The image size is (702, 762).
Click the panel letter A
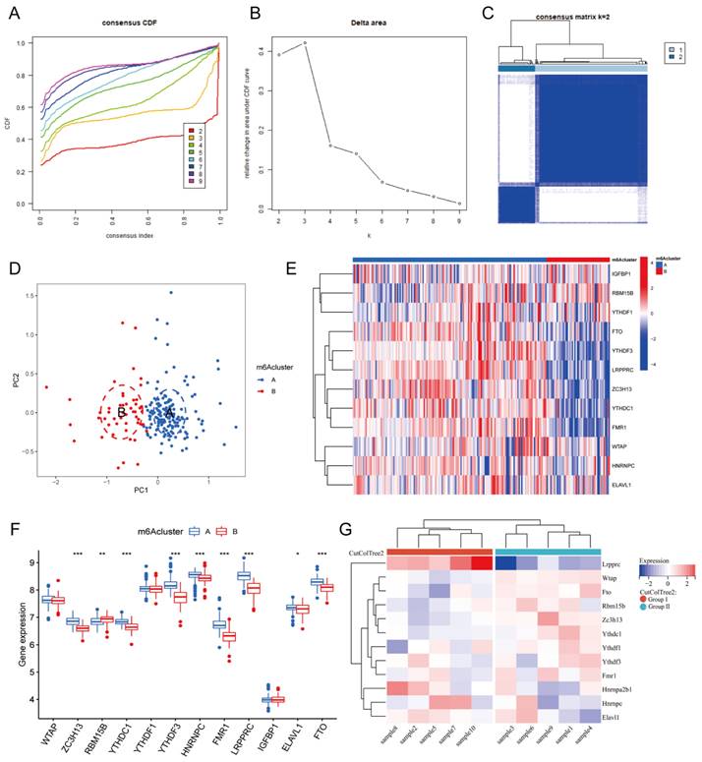tap(14, 11)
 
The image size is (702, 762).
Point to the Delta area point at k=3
tap(306, 43)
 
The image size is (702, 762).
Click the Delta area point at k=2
tap(279, 55)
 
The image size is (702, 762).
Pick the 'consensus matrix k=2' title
tap(572, 19)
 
